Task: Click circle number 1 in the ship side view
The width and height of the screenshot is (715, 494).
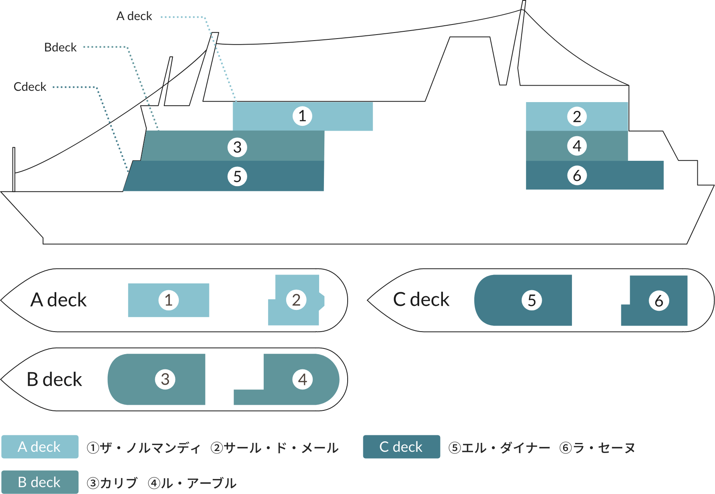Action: [302, 116]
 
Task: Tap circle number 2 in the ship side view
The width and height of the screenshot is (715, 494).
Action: [577, 117]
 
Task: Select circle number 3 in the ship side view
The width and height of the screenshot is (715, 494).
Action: [237, 147]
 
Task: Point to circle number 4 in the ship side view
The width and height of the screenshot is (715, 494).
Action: [577, 146]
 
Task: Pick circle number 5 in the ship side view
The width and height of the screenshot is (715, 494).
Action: [237, 176]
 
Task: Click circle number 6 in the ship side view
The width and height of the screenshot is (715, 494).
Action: [577, 176]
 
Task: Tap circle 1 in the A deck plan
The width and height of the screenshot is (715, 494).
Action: [168, 300]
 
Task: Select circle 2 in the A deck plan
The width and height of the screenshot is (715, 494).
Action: [296, 300]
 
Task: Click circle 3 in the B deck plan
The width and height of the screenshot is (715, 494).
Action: [165, 379]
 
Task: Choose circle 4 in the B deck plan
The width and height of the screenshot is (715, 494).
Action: [303, 379]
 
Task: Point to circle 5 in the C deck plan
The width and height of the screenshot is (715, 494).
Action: [532, 300]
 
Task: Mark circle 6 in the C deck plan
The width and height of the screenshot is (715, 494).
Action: [659, 301]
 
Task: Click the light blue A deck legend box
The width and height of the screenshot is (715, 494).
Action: [40, 447]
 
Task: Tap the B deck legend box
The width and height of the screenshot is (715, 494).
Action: [40, 482]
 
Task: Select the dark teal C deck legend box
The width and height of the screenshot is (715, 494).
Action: [401, 447]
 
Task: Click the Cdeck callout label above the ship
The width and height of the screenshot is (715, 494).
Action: [30, 87]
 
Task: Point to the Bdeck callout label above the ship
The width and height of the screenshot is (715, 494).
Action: [60, 47]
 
